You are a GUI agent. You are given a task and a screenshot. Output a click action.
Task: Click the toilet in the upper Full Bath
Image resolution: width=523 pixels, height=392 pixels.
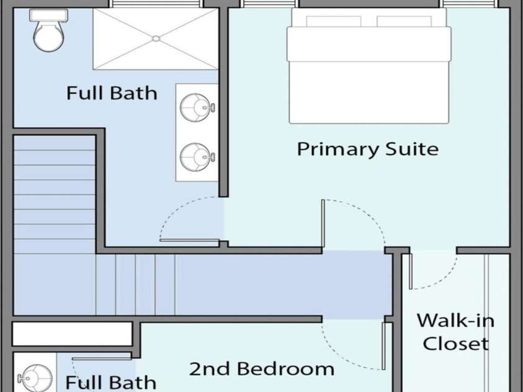coord(48,30)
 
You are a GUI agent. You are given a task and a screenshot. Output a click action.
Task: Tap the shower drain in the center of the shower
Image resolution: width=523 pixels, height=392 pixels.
coord(156,38)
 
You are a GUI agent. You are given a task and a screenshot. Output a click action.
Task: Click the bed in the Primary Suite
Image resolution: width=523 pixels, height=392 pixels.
coord(369,66)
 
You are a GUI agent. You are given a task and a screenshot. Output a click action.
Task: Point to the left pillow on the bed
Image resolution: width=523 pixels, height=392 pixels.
coord(334,21)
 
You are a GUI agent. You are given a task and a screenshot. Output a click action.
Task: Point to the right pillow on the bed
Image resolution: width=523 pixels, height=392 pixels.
coord(404,21)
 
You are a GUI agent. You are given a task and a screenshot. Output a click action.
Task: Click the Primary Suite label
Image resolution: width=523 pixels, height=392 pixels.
coord(367,149)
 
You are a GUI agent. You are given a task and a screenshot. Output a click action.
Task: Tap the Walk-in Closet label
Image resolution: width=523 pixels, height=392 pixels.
coord(455,332)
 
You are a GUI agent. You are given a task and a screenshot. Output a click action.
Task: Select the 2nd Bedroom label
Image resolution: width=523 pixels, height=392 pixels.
coord(262,369)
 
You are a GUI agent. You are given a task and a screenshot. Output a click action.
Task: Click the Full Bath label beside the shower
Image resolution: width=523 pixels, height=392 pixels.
coord(112,93)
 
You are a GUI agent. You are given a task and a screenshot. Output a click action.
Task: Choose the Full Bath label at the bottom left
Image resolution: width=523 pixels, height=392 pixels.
coord(110,382)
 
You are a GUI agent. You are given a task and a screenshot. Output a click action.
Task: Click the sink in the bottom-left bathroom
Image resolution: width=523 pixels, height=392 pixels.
coord(35,378)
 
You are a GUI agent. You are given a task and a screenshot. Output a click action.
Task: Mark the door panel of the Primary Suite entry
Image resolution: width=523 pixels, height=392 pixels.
coord(323,225)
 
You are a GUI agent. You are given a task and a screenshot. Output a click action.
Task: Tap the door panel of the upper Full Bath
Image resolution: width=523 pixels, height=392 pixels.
coord(189,240)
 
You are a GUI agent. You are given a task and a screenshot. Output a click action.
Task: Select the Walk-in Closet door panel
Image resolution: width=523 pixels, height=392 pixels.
coord(411,271)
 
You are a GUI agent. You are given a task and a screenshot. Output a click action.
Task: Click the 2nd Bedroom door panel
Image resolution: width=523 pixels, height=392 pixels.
coord(383,345)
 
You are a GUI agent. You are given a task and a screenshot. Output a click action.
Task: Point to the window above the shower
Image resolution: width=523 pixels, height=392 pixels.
coord(156,4)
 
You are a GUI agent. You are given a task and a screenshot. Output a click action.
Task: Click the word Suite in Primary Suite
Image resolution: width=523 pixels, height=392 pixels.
coord(412,149)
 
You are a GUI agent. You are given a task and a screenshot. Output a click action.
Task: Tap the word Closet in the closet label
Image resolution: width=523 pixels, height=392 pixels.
coord(455,344)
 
